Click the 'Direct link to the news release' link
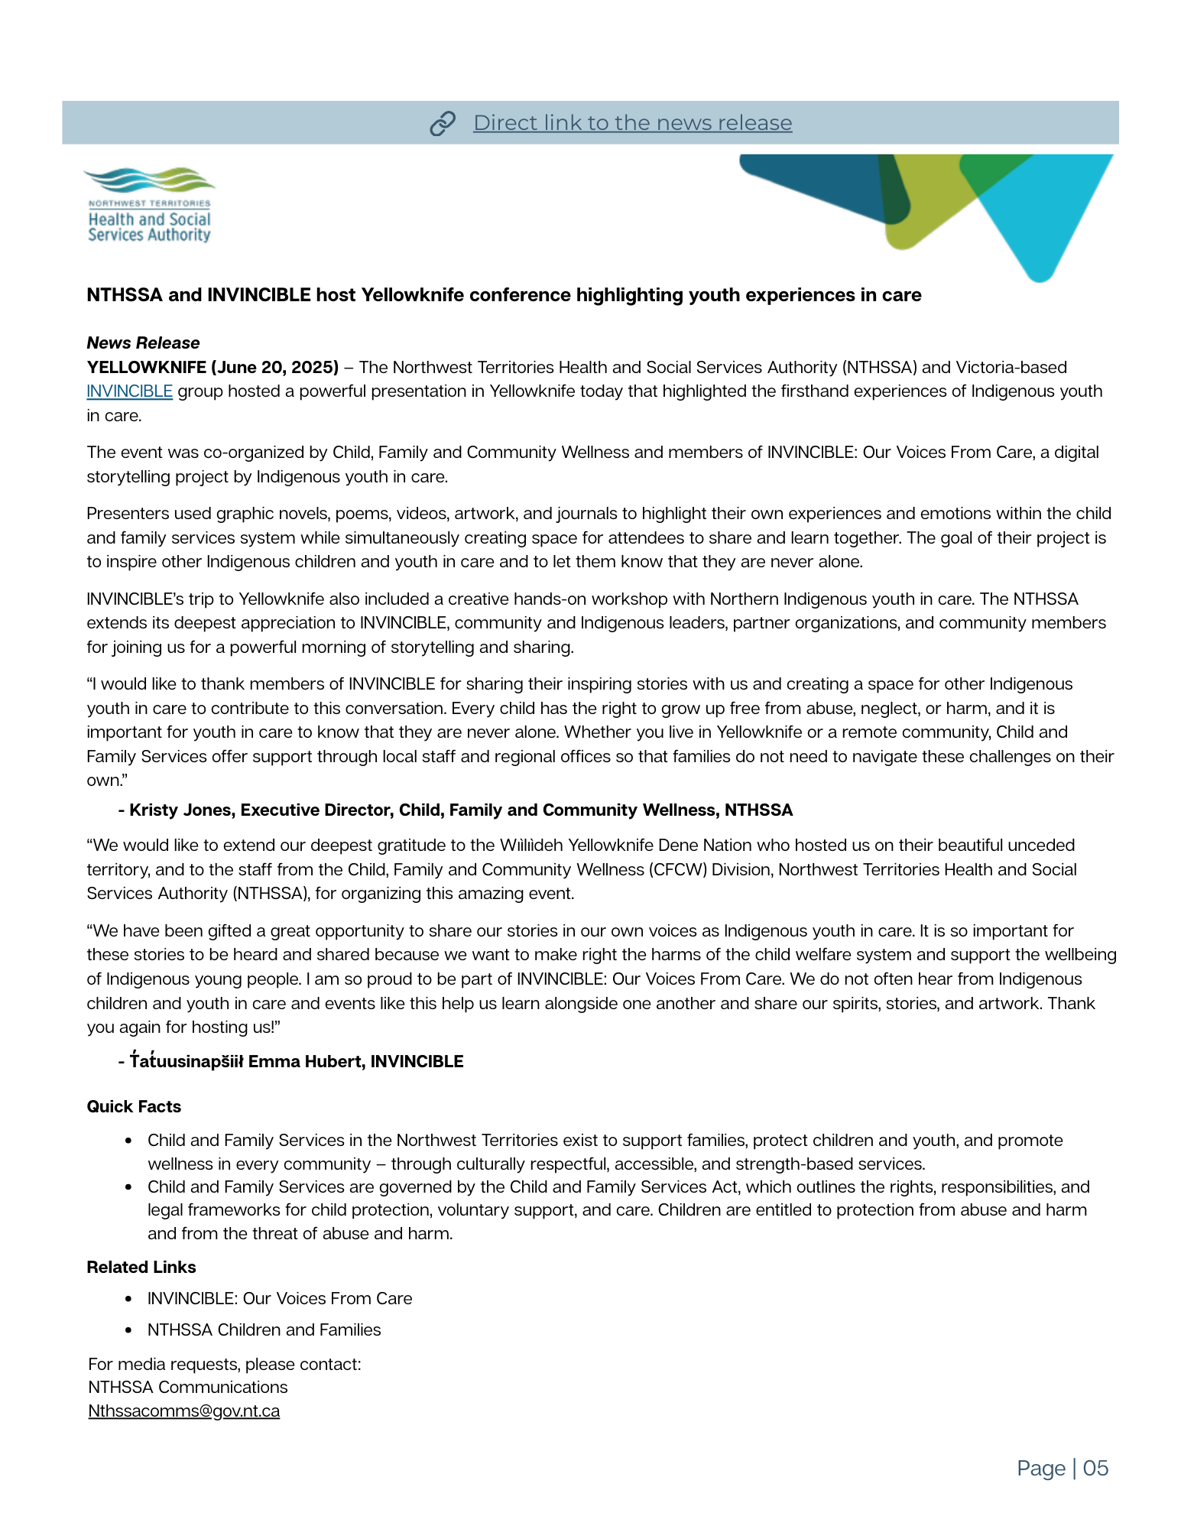[632, 123]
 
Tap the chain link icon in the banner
[443, 123]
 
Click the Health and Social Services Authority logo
[149, 206]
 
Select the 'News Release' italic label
[143, 342]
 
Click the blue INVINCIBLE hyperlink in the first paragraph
[129, 391]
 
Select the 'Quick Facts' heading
[134, 1106]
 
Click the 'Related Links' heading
[141, 1267]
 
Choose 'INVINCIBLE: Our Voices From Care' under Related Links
[280, 1298]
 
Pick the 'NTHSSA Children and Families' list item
[264, 1329]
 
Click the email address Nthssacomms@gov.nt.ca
[184, 1411]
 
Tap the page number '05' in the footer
[1095, 1468]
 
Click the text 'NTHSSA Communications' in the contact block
[188, 1387]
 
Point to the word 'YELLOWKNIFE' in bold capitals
[145, 367]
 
